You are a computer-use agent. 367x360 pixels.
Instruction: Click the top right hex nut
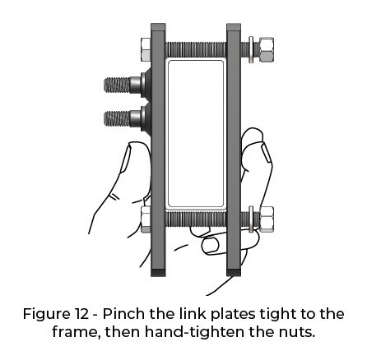pos(267,49)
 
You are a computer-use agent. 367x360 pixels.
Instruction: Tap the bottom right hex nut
pos(267,219)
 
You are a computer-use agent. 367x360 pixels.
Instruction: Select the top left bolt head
pos(146,49)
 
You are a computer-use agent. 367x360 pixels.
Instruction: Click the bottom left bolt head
pos(146,219)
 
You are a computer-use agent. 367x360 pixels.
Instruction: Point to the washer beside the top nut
pos(251,49)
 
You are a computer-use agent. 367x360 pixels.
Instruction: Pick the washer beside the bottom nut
pos(251,219)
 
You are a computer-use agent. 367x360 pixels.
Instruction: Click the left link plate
pos(158,150)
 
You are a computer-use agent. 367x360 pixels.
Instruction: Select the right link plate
pos(234,150)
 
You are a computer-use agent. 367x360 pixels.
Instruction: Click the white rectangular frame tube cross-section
pos(196,134)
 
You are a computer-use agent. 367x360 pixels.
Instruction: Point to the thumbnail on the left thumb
pos(125,159)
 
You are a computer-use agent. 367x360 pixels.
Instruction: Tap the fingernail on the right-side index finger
pos(266,153)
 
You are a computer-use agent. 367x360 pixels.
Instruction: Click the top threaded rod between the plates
pos(196,49)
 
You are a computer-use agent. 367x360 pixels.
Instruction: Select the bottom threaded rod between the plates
pos(196,219)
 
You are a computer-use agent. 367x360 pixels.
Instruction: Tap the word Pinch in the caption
pos(125,314)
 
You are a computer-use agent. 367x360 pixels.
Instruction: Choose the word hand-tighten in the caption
pos(194,332)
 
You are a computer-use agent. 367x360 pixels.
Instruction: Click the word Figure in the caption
pos(46,315)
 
